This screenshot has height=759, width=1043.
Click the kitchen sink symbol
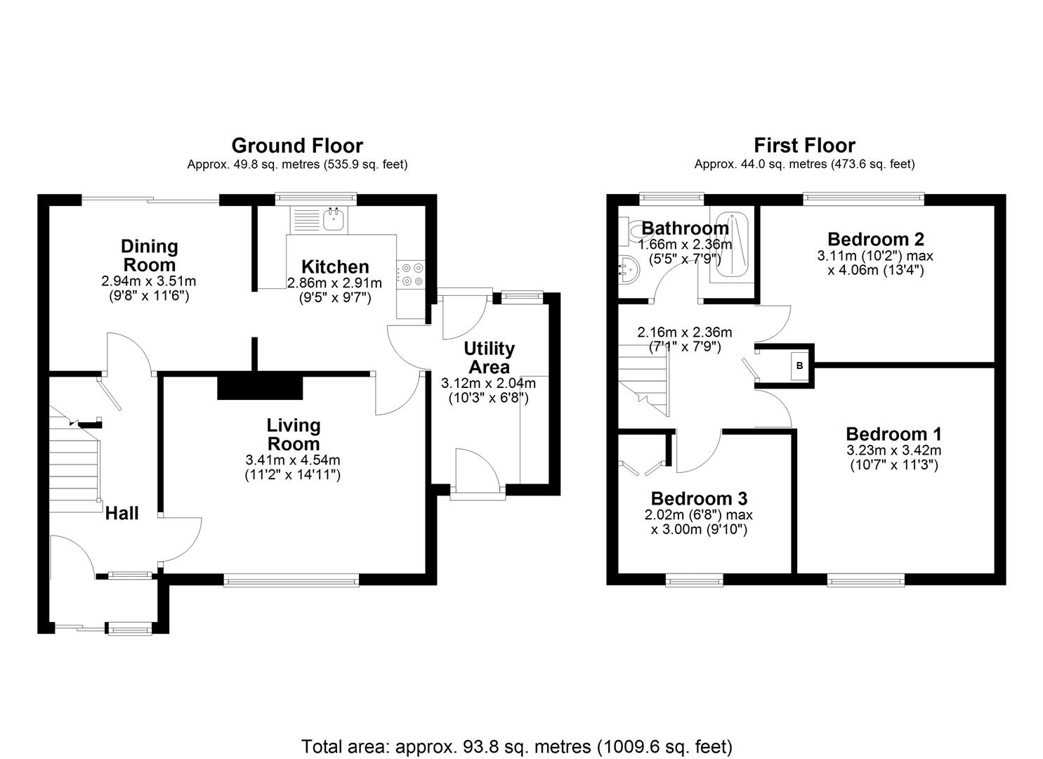pyautogui.click(x=334, y=219)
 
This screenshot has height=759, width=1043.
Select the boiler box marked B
pyautogui.click(x=799, y=365)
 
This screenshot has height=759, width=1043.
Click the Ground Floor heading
pyautogui.click(x=297, y=145)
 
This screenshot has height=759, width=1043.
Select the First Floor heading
pyautogui.click(x=804, y=145)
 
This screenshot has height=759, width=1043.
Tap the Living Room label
pyautogui.click(x=294, y=434)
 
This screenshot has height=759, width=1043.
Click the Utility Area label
pyautogui.click(x=489, y=358)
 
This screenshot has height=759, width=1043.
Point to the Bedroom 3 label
pyautogui.click(x=699, y=498)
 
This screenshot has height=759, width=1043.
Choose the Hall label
pyautogui.click(x=122, y=513)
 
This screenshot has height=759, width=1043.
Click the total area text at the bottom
pyautogui.click(x=517, y=746)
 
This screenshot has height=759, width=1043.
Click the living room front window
pyautogui.click(x=291, y=580)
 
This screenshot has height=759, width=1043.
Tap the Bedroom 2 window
pyautogui.click(x=863, y=200)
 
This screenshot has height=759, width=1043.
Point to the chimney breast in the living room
pyautogui.click(x=259, y=387)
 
